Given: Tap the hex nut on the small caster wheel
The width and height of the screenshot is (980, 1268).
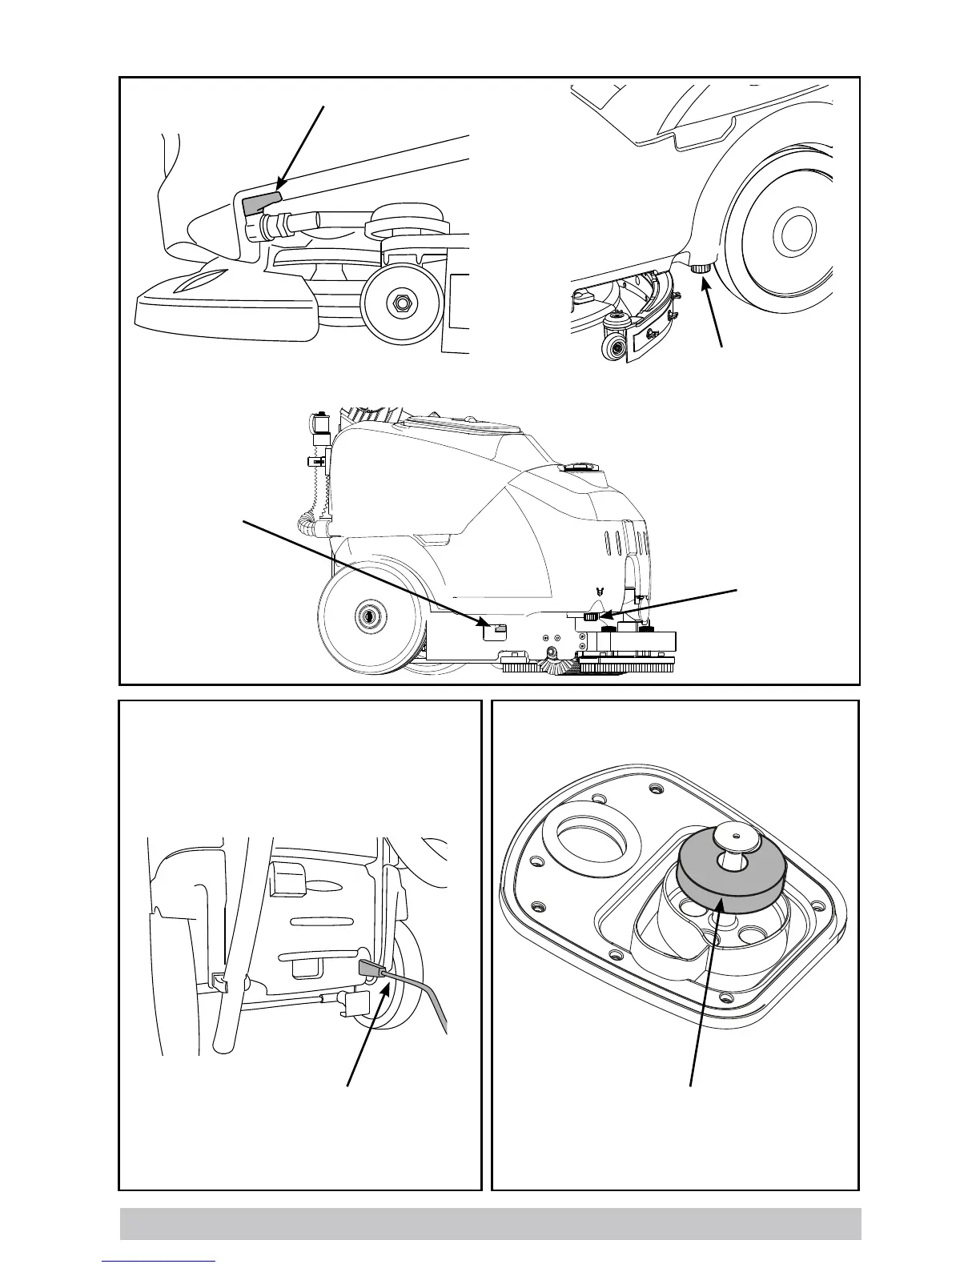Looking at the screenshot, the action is (400, 303).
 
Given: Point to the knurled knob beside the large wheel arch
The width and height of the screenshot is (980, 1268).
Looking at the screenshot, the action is (703, 270).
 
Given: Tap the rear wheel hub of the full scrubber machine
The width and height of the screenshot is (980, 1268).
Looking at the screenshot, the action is (369, 616).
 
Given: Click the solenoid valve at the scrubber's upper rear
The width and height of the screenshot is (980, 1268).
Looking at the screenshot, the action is (321, 427).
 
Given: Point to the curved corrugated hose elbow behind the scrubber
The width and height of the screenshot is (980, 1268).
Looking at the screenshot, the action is (307, 525).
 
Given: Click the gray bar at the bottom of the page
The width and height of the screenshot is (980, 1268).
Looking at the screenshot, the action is (490, 1224).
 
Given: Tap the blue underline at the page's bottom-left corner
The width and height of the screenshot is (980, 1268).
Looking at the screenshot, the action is (159, 1261).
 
